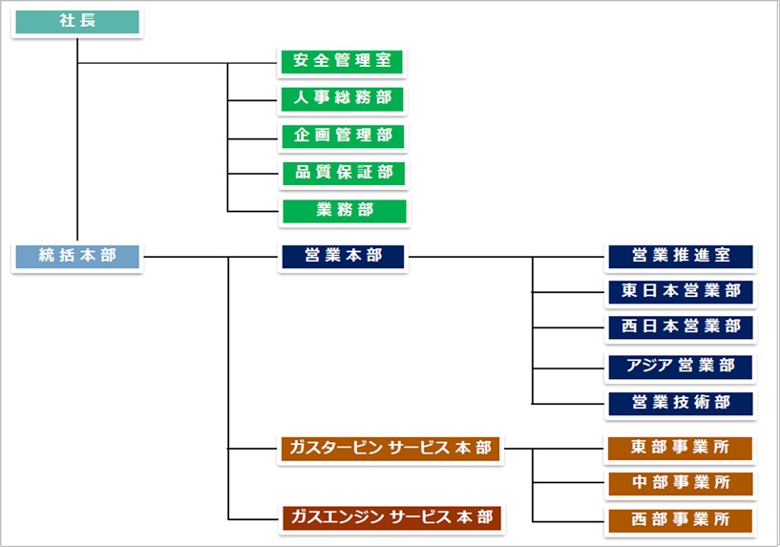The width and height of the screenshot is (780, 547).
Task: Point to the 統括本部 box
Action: point(77,257)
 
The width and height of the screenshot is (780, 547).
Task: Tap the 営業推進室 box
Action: point(681,257)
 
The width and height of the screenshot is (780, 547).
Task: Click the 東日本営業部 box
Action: point(681,291)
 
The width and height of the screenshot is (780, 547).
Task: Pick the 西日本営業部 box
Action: point(681,327)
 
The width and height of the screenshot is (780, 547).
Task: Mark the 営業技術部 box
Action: point(681,403)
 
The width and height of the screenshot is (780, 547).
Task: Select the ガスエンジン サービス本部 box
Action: point(390,519)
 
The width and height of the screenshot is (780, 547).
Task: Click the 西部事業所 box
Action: point(681,520)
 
